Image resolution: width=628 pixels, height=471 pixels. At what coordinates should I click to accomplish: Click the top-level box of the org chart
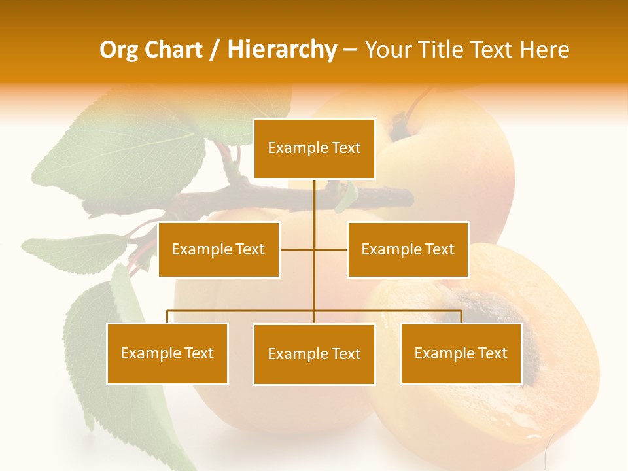click(x=314, y=148)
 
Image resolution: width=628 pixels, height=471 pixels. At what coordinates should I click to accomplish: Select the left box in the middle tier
click(x=218, y=249)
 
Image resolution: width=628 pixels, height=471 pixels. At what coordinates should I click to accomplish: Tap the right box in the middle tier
click(x=408, y=249)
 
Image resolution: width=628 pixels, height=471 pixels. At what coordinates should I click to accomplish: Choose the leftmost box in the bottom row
click(x=167, y=353)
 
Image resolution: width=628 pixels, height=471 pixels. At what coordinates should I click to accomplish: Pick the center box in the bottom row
click(x=314, y=354)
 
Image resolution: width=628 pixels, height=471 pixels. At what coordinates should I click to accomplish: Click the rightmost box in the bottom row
click(x=461, y=353)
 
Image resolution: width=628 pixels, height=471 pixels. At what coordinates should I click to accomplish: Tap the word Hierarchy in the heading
click(x=281, y=50)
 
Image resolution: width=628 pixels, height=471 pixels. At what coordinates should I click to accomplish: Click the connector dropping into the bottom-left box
click(x=167, y=317)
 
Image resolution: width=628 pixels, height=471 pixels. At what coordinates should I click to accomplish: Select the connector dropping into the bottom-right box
click(x=461, y=317)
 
